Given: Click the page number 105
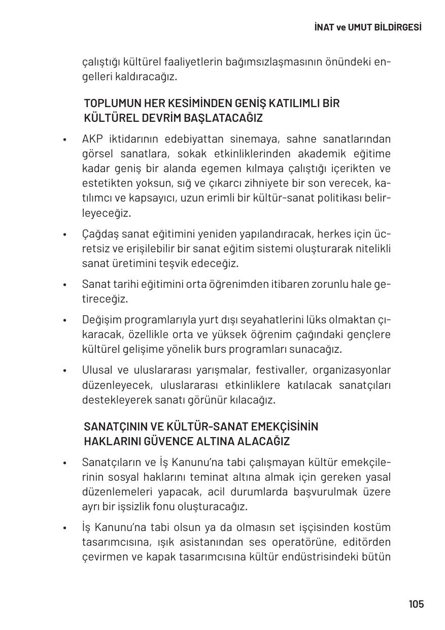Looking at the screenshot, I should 416,604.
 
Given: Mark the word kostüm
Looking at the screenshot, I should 373,527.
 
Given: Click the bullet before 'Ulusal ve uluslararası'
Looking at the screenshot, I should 64,371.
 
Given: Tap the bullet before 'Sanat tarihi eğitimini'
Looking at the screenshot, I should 64,285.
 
